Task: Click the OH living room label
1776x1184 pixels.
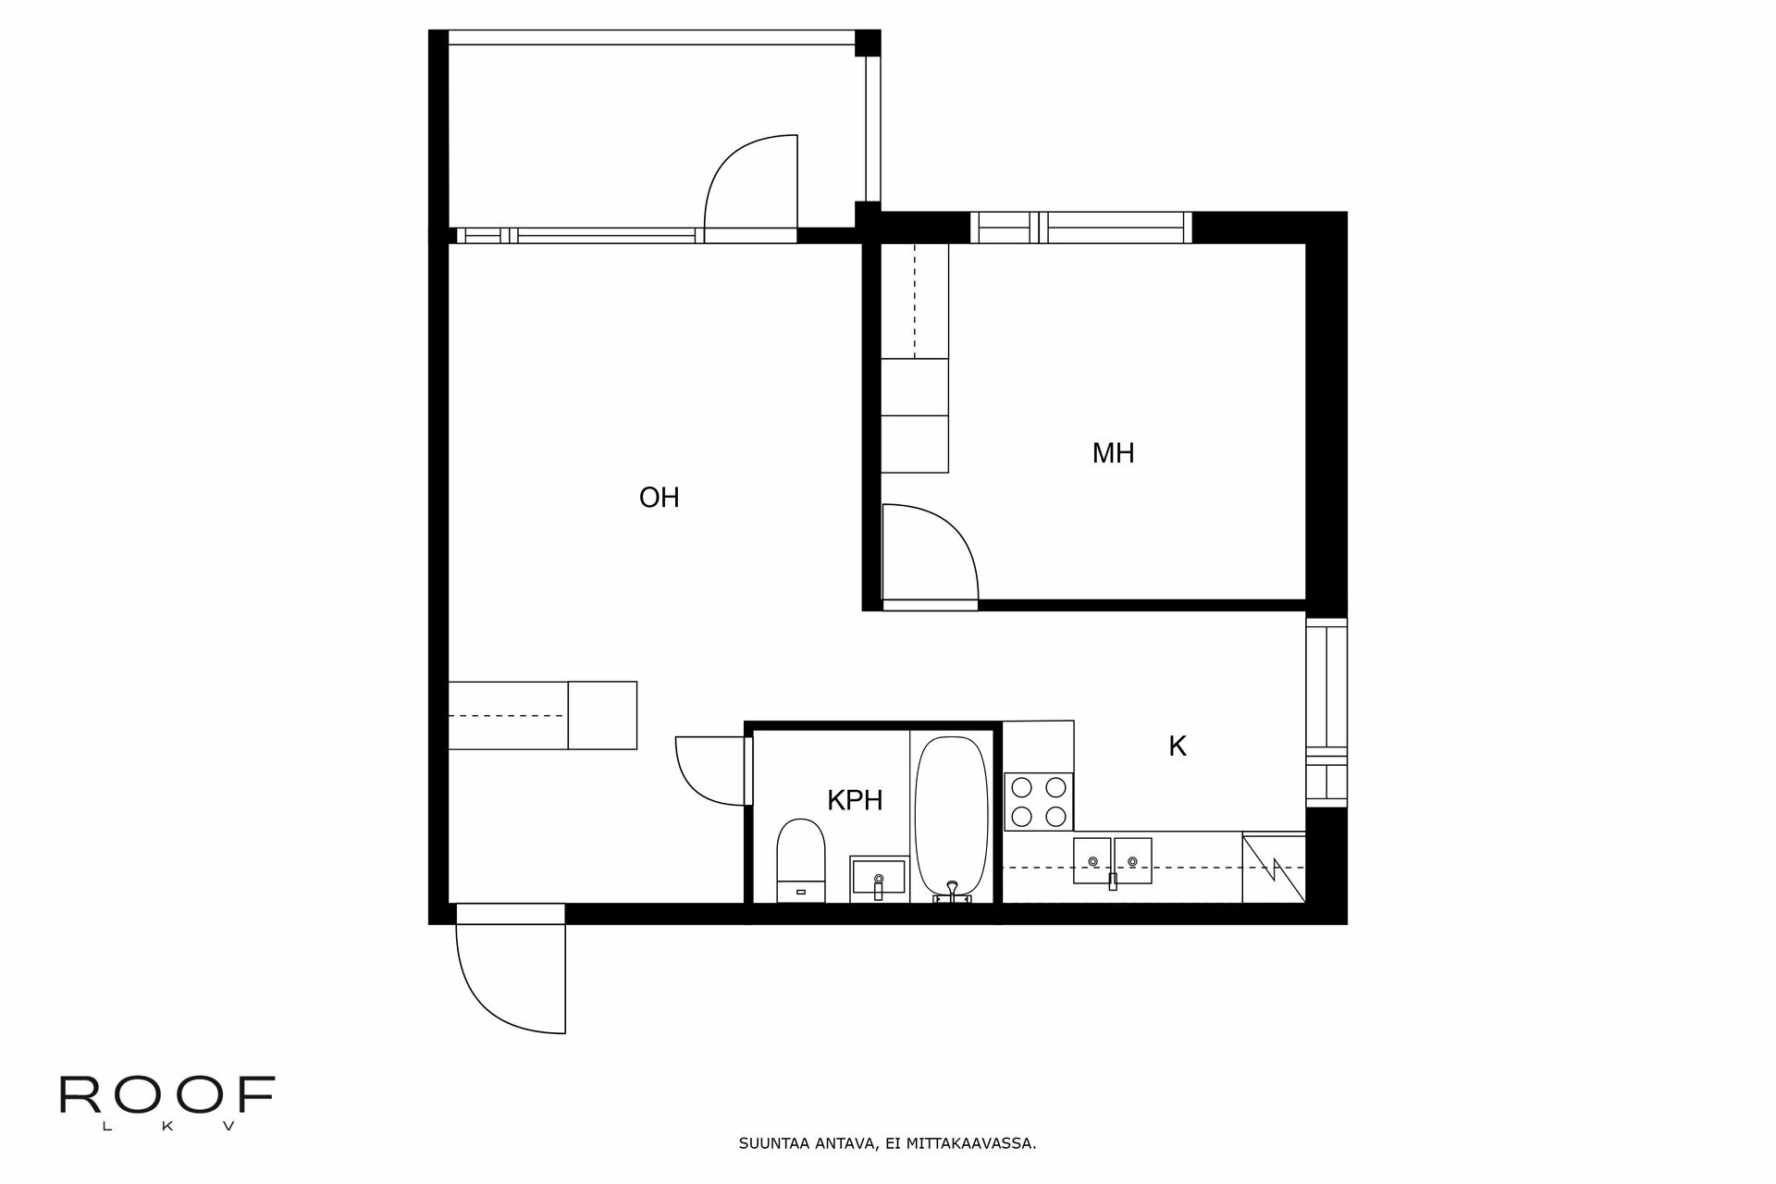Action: click(659, 499)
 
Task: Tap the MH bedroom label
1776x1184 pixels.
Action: click(1113, 453)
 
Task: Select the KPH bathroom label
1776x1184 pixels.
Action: click(855, 800)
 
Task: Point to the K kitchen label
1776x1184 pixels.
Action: click(1177, 746)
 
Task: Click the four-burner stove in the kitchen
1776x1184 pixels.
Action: click(1039, 801)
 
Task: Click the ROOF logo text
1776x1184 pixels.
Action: click(167, 1095)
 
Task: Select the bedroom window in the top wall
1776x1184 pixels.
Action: click(1080, 227)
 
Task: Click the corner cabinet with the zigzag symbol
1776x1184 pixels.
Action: click(1273, 868)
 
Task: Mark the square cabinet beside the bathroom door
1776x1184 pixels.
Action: click(602, 715)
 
